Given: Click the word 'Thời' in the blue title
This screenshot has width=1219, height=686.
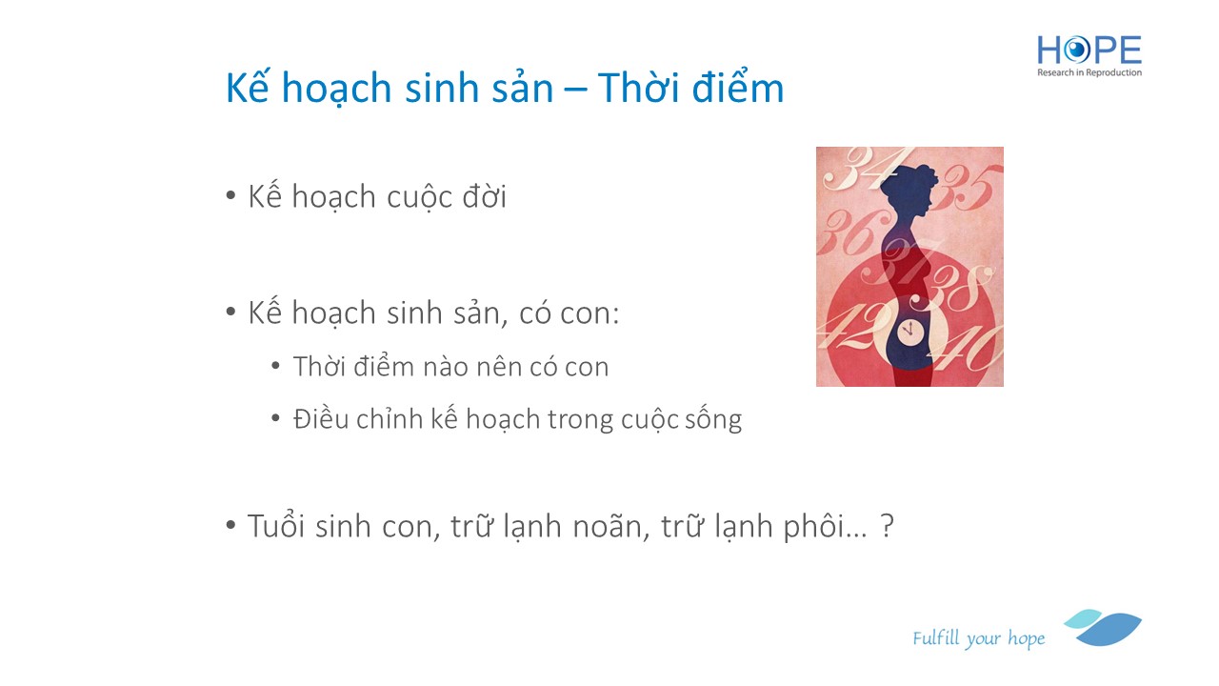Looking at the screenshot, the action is pos(638,87).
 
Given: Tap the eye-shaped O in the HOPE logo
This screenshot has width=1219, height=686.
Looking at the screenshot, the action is pos(1077,50).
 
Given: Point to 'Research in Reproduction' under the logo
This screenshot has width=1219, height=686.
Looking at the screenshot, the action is pos(1089,72).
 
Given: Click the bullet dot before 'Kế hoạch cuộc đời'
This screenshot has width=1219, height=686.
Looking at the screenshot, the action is pos(230,195).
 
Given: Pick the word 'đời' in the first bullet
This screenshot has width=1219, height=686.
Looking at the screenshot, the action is pos(485,196).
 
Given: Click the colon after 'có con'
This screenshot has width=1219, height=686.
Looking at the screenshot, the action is pos(615,314).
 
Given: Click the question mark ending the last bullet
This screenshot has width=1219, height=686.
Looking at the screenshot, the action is pos(887,526).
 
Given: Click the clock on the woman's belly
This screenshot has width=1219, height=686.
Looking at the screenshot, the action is pos(909,330).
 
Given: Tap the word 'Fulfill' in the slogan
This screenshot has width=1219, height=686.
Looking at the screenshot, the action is pos(936,637).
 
